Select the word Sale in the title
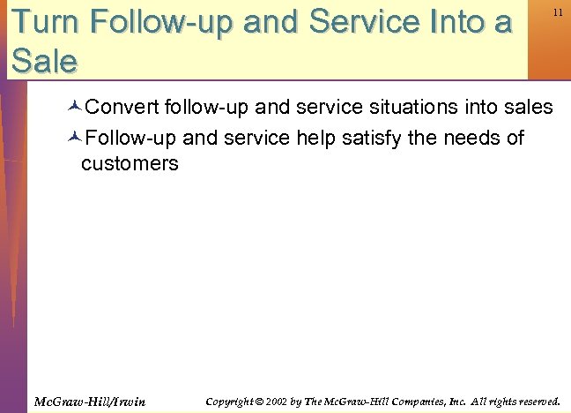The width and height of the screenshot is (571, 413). coord(44,60)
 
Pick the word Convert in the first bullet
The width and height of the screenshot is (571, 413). coord(120,108)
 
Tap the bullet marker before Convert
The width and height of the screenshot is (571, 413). coord(74,109)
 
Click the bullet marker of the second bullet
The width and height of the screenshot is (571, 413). coord(74,139)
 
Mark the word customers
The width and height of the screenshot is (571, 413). coord(130,163)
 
